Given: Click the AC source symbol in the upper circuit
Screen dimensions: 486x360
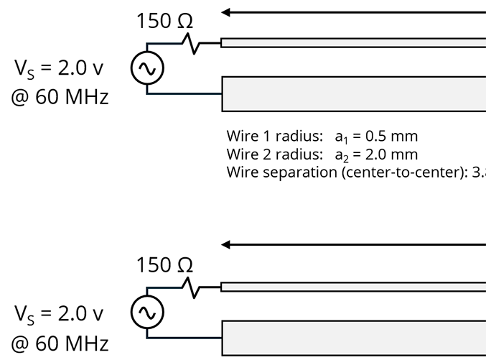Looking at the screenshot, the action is coord(147,68).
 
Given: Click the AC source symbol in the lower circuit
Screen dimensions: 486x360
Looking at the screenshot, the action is coord(147,312).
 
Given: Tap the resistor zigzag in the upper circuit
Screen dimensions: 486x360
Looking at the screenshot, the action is coord(191,43).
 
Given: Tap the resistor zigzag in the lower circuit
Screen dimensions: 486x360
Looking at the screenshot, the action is coord(191,287).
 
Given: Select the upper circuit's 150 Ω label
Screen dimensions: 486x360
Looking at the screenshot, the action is coord(164,21).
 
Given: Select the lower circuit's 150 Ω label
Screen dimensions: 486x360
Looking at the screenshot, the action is coord(164,265).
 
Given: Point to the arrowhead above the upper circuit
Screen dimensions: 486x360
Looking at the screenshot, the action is coord(225,12).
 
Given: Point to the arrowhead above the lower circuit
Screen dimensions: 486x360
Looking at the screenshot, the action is coord(225,244).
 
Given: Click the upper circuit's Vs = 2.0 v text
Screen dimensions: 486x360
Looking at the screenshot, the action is coord(59,69).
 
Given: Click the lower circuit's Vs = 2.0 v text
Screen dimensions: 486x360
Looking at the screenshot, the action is coord(59,314).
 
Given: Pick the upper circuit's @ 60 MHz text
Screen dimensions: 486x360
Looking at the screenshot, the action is coord(60,97).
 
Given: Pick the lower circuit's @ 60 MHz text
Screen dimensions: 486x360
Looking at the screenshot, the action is coord(60,343).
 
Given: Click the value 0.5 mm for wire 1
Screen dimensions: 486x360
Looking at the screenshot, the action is coord(391,136).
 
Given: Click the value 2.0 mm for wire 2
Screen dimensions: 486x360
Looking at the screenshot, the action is coord(391,154).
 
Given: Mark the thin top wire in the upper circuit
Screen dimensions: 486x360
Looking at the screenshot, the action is coord(353,43).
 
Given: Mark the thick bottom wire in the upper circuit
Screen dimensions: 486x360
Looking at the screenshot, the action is coord(354,93).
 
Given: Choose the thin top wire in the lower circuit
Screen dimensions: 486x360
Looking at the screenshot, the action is coord(353,287).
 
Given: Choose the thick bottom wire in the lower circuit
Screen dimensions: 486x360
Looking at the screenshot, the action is coord(354,338).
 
